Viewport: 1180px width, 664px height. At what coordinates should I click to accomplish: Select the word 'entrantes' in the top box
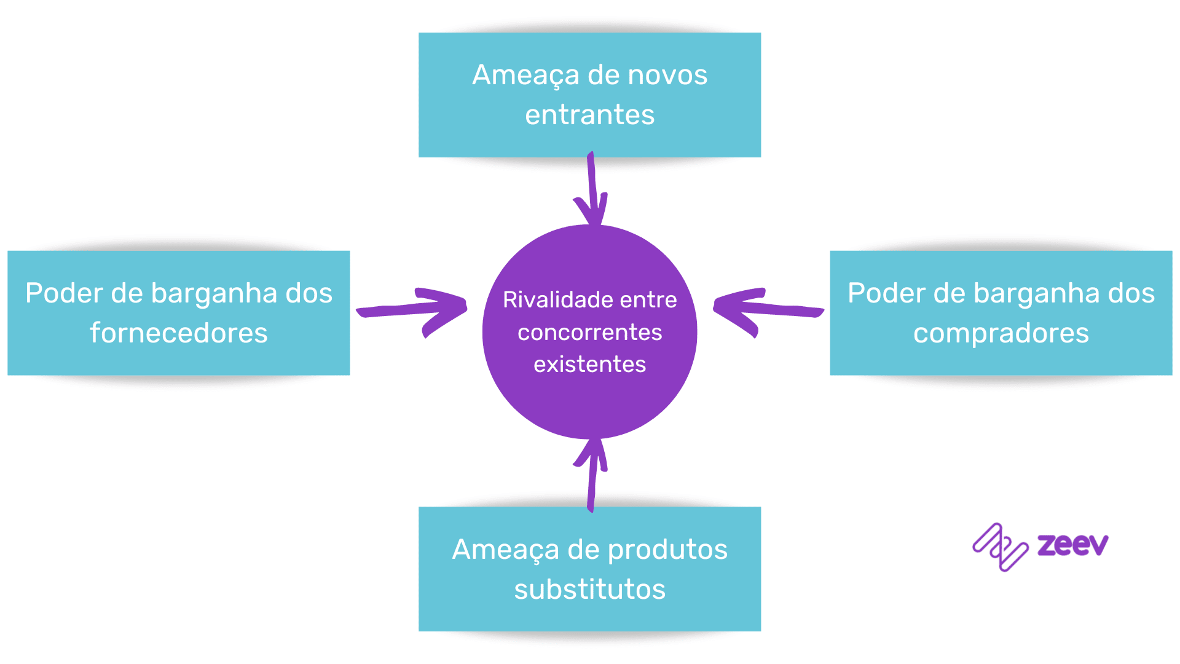(589, 115)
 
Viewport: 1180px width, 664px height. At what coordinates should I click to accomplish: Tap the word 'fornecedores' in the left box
(178, 333)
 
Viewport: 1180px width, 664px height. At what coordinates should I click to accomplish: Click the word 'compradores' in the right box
(1001, 333)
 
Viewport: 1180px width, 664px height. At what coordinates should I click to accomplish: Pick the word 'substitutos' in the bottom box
(589, 590)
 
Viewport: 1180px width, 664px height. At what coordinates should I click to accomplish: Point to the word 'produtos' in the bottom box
(667, 550)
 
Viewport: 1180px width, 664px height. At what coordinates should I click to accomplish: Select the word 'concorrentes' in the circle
(589, 333)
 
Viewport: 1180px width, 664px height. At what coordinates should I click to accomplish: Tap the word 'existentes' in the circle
(589, 365)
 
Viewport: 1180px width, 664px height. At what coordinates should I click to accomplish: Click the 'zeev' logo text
(1072, 545)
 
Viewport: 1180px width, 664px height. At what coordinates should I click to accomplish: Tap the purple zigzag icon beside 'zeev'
(1000, 547)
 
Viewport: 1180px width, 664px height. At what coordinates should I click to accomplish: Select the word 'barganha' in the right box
(1036, 294)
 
